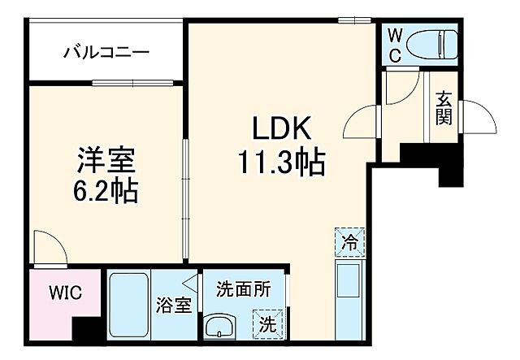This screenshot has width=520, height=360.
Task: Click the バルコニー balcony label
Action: [106, 54]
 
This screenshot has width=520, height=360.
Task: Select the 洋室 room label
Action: [106, 158]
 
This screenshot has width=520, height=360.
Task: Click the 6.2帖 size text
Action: [106, 192]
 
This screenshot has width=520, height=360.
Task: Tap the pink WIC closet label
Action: [63, 291]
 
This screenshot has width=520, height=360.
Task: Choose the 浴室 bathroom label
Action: [173, 306]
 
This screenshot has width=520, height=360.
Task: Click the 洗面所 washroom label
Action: [243, 288]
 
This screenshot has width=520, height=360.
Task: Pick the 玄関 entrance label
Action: [444, 109]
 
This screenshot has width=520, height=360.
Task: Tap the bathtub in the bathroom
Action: [128, 306]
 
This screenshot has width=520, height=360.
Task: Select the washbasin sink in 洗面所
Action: [219, 328]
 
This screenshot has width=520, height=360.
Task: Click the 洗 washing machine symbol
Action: [267, 324]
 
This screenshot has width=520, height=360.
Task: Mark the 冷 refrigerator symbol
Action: [349, 241]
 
